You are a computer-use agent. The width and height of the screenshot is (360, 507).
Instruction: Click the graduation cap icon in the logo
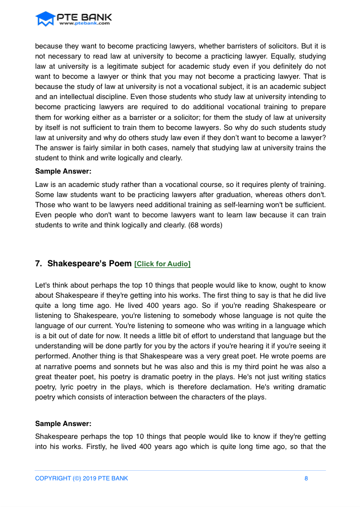pos(45,19)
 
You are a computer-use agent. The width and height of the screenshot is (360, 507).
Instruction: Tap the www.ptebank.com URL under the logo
pos(85,23)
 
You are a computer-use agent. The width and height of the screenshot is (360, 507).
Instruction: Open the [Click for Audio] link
pos(162,264)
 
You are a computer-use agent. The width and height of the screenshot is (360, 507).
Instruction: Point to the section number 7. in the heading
pos(38,264)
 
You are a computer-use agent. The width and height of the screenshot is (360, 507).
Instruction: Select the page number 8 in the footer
pos(306,478)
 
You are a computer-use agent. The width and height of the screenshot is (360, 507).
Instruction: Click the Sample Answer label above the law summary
pos(63,171)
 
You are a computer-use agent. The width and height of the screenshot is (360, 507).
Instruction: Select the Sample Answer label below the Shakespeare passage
pos(63,423)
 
